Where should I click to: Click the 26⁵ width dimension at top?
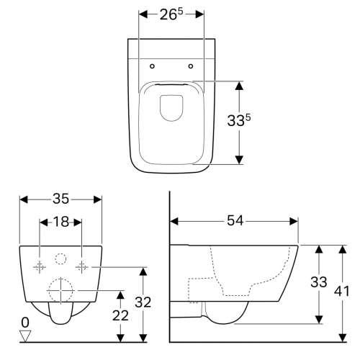tap(171, 15)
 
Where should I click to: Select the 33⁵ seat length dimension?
tap(239, 120)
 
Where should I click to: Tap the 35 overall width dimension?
tap(60, 199)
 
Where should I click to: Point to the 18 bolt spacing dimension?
tap(61, 222)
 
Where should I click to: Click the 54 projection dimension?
tap(235, 220)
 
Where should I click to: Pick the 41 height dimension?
tap(342, 291)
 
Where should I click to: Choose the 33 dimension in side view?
tap(319, 282)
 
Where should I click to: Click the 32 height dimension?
tap(143, 302)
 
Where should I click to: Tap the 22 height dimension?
tap(120, 315)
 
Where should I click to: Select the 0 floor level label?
tap(25, 323)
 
